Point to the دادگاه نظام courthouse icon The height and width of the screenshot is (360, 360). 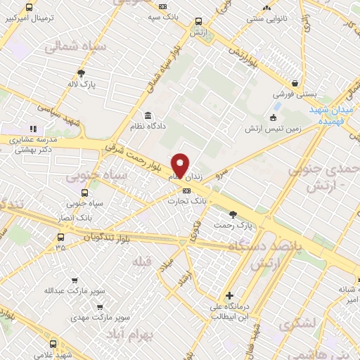click(148, 115)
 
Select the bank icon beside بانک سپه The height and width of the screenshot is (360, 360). click(163, 6)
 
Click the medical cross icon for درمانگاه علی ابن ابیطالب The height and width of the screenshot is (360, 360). click(229, 296)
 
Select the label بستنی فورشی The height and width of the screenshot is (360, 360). click(293, 93)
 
